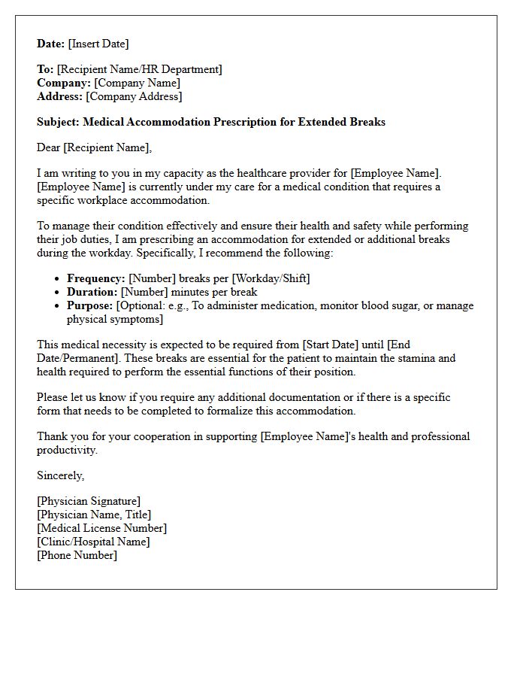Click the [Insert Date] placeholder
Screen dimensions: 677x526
(98, 44)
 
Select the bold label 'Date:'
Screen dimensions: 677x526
(51, 44)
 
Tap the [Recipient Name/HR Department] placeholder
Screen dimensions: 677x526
(139, 69)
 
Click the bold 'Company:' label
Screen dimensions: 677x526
(64, 83)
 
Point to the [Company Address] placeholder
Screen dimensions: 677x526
(134, 96)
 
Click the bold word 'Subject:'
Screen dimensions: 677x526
(59, 122)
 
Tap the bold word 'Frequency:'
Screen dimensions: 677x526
(95, 278)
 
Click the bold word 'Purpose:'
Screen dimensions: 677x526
(90, 305)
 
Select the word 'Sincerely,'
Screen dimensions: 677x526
(61, 475)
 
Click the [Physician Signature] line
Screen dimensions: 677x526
(89, 501)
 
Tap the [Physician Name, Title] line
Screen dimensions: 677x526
(94, 515)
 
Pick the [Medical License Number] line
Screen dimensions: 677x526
(101, 528)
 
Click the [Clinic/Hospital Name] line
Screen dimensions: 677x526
(93, 542)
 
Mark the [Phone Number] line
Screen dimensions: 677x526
(77, 555)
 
